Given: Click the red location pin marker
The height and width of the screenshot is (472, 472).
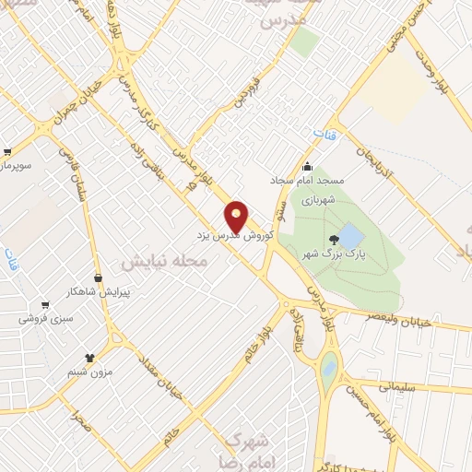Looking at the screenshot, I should pos(237,216).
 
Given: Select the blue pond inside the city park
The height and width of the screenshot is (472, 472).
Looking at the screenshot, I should pos(350,233).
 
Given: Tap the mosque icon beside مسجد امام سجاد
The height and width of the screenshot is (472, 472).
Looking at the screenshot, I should pos(307,167).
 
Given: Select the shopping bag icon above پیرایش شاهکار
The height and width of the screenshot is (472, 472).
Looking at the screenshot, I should pos(98,277).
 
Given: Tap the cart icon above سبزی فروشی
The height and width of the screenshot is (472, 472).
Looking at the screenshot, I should pos(43,305).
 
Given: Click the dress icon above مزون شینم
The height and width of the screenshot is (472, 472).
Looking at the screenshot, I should pos(89,357).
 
